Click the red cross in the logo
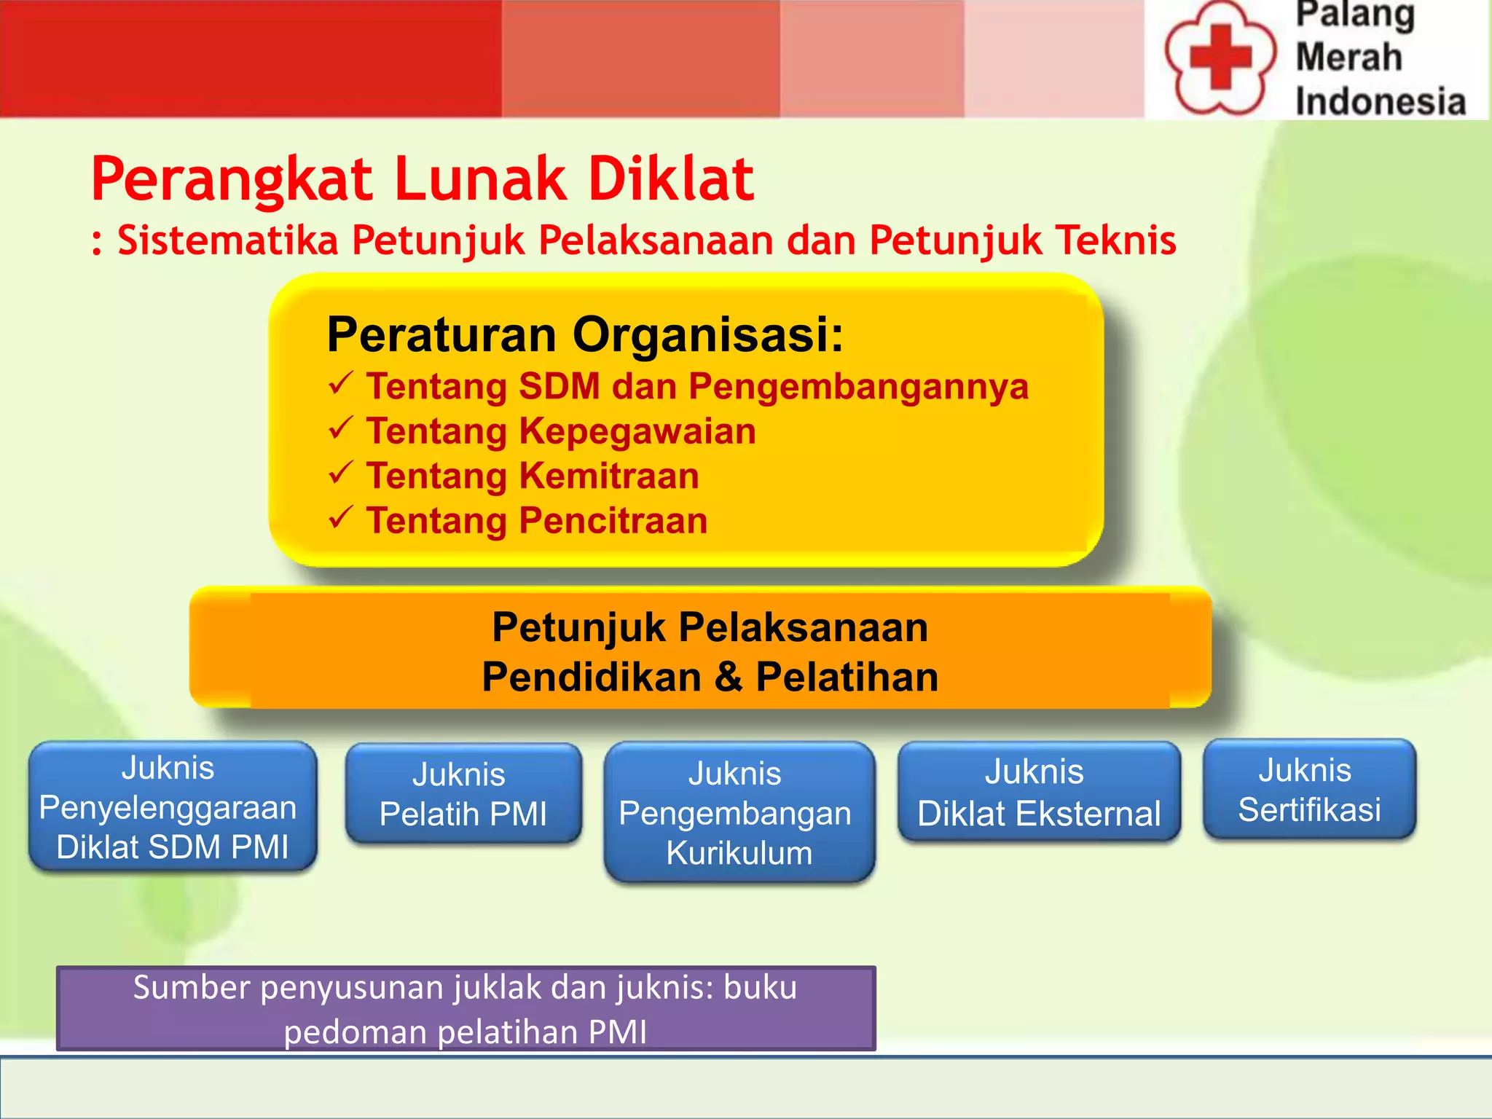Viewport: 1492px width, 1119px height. click(x=1220, y=57)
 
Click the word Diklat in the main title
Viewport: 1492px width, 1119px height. click(x=671, y=179)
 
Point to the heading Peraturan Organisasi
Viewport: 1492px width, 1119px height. click(x=585, y=335)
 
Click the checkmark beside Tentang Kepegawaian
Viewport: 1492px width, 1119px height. click(x=341, y=428)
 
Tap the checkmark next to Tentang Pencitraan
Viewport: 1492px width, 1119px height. click(x=341, y=518)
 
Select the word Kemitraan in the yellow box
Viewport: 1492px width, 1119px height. click(x=609, y=476)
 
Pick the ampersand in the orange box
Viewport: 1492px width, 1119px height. click(x=728, y=677)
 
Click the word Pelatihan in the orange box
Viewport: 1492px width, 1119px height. click(x=847, y=677)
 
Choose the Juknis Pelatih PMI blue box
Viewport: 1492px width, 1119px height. click(x=463, y=794)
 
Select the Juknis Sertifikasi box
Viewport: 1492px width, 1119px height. click(x=1309, y=790)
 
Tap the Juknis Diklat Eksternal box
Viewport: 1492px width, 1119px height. click(x=1038, y=793)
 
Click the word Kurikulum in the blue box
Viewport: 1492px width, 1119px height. click(x=739, y=853)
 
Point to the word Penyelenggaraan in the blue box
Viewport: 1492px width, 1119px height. click(x=168, y=808)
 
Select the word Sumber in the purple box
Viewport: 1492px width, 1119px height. click(x=191, y=988)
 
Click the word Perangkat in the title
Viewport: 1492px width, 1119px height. click(x=232, y=179)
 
